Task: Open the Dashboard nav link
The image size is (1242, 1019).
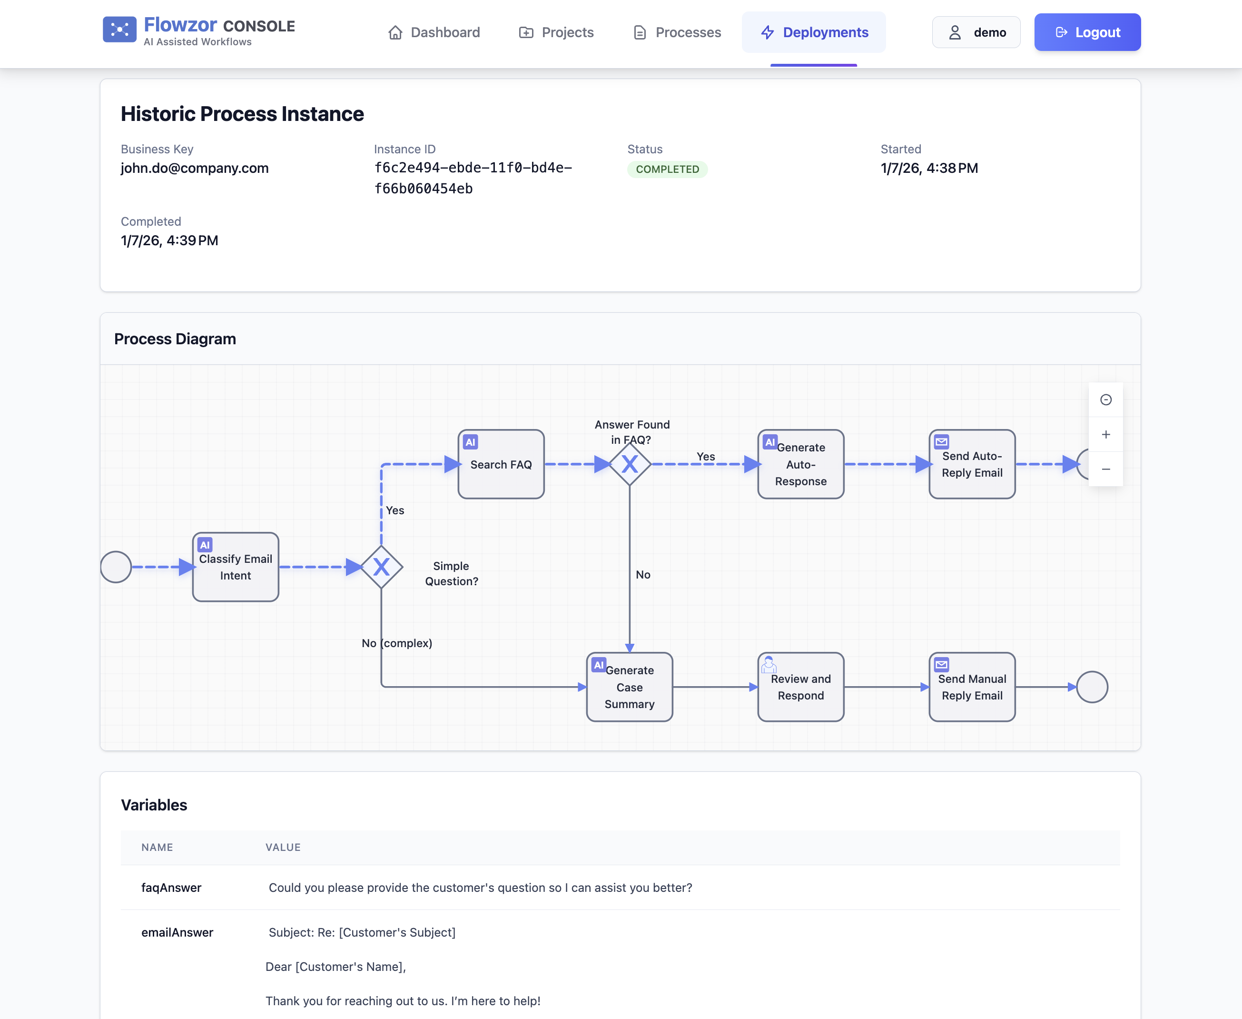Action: [434, 32]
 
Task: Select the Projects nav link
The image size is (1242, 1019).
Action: [556, 32]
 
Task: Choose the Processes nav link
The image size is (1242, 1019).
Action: [677, 32]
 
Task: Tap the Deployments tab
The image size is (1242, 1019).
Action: [813, 32]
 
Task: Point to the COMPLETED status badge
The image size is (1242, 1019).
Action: [667, 170]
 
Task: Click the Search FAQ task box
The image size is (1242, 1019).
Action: [501, 464]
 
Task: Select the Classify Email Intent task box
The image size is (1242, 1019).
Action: [235, 567]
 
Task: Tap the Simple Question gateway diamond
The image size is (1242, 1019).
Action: [381, 567]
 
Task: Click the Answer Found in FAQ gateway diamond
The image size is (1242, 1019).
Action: [630, 464]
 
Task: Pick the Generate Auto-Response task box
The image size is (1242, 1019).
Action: [800, 464]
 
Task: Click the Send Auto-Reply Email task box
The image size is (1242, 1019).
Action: [972, 464]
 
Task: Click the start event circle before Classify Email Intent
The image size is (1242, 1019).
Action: [116, 567]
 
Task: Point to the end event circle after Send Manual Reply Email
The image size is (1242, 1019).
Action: [1092, 687]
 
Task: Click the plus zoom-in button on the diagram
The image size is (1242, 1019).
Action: [1105, 434]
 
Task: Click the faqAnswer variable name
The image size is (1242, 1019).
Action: [171, 888]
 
